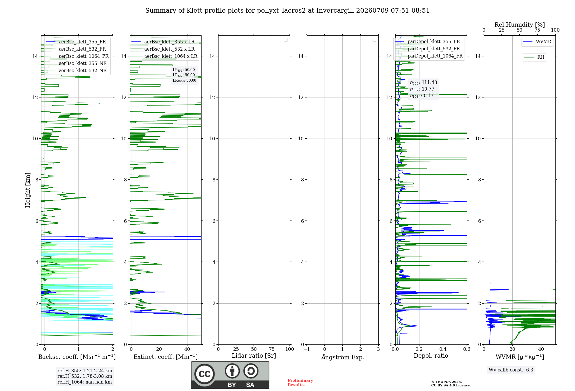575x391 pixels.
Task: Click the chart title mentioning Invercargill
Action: coord(287,11)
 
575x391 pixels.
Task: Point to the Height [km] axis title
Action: coord(28,190)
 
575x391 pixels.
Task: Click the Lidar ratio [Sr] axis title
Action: coord(254,356)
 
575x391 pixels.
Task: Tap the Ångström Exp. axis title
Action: coord(342,357)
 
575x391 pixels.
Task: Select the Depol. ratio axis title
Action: coord(431,356)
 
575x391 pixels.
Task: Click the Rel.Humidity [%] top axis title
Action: coord(520,25)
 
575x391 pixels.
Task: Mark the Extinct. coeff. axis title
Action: coord(166,357)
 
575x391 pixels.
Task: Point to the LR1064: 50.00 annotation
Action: coord(184,80)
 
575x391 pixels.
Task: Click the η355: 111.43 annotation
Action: coord(423,83)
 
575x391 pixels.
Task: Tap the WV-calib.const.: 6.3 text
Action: coord(511,370)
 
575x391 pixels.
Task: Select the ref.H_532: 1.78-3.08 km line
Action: coord(85,376)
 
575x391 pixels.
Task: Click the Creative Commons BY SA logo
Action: coord(230,375)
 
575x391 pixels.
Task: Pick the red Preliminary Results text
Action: coord(300,383)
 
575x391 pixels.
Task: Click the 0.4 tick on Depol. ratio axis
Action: coord(443,349)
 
